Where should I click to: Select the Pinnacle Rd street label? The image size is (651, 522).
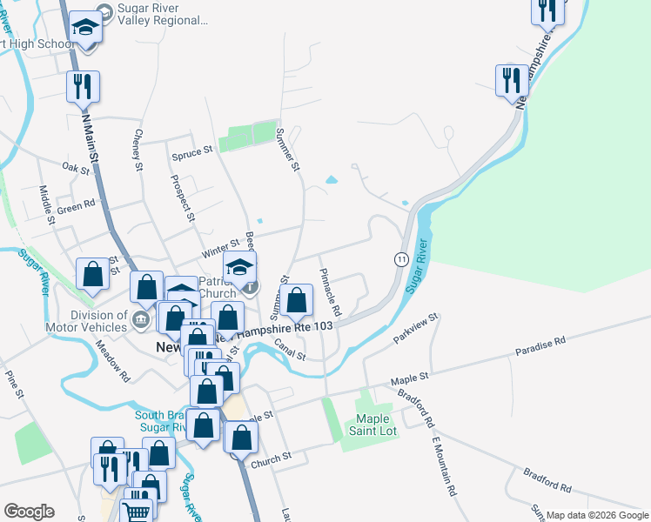pos(331,292)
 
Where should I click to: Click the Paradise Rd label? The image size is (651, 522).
pos(540,345)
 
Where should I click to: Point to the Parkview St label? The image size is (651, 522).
pos(414,330)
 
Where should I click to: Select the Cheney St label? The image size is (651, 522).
pos(137,145)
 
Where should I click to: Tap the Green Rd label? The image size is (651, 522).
pos(76,207)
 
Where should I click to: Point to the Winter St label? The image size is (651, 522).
pos(220,249)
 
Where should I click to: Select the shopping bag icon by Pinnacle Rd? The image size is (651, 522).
pos(297,300)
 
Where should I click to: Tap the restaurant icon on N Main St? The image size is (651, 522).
pos(84,86)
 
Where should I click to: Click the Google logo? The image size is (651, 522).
pos(29,512)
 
